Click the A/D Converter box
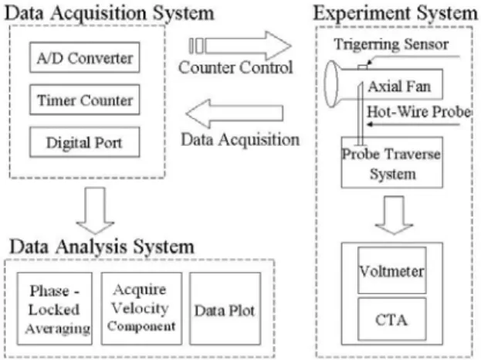(85, 57)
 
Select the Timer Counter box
(85, 100)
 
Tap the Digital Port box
(85, 142)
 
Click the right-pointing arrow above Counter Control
(240, 46)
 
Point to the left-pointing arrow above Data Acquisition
(235, 114)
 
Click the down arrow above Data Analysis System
(96, 211)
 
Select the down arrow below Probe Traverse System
(394, 216)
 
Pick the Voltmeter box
(392, 270)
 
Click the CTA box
(392, 319)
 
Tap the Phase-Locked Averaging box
(55, 308)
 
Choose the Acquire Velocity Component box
(141, 308)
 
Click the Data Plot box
(225, 308)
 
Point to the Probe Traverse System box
(392, 162)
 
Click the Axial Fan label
(399, 87)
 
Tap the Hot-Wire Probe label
(419, 112)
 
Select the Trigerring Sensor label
(391, 45)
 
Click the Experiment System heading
(395, 13)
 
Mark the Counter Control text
(235, 67)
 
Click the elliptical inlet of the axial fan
(332, 83)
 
